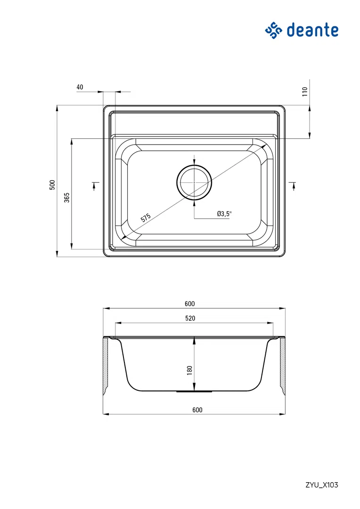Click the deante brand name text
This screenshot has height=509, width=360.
pyautogui.click(x=312, y=30)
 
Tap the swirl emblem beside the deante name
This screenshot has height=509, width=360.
pyautogui.click(x=274, y=31)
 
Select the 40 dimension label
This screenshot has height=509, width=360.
pyautogui.click(x=80, y=87)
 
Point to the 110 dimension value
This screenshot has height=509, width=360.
pyautogui.click(x=304, y=91)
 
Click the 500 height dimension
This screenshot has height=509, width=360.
pyautogui.click(x=52, y=185)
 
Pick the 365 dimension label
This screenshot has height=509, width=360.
pyautogui.click(x=66, y=197)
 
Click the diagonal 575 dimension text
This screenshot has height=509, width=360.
pyautogui.click(x=146, y=218)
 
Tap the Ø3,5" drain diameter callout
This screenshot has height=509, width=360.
pyautogui.click(x=224, y=214)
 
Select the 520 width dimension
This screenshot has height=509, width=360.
pyautogui.click(x=190, y=318)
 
